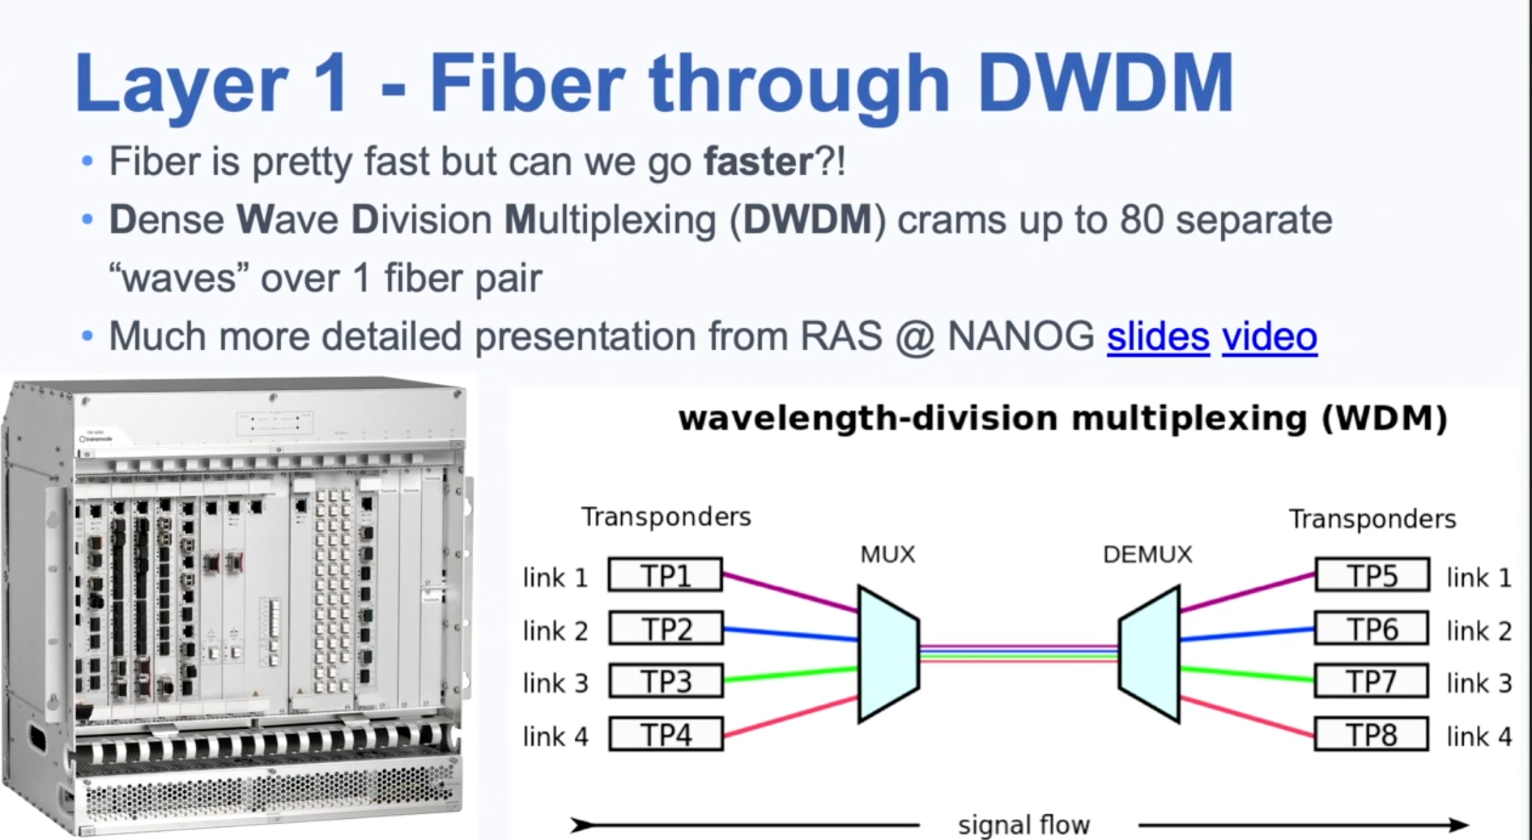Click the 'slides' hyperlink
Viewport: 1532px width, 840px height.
(x=1158, y=337)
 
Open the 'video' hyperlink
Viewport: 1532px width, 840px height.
(x=1269, y=337)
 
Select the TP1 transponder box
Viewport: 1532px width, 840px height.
(x=666, y=575)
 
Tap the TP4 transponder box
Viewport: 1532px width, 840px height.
(x=666, y=734)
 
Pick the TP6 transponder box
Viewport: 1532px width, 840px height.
(x=1372, y=629)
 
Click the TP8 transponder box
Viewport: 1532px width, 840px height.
(x=1372, y=734)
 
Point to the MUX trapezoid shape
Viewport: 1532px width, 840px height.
(x=888, y=654)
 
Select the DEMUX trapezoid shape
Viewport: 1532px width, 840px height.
(x=1149, y=654)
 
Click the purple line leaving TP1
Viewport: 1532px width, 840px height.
(x=791, y=593)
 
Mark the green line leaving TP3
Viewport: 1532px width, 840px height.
(x=791, y=674)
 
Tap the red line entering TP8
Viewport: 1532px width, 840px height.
(x=1247, y=716)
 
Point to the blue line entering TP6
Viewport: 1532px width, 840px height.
(x=1247, y=634)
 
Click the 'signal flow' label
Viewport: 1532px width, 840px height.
(x=1023, y=825)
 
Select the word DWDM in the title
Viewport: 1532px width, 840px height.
(x=1105, y=83)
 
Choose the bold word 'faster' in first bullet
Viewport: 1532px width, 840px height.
(x=758, y=161)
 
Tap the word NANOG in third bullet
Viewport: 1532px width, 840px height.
(x=1020, y=336)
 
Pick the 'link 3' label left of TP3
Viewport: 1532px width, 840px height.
(x=555, y=683)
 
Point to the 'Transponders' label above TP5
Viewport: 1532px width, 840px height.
(x=1372, y=518)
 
